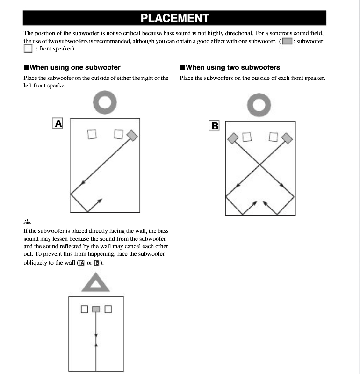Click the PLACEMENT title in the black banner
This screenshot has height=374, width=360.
tap(175, 18)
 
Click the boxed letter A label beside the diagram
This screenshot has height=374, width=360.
tap(58, 123)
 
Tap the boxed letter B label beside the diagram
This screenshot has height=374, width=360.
tap(215, 126)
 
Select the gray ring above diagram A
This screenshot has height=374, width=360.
tap(104, 103)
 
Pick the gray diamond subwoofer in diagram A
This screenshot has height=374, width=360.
tap(132, 135)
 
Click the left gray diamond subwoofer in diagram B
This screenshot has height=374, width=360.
tap(232, 138)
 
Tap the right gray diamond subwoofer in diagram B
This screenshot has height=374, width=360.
tap(287, 138)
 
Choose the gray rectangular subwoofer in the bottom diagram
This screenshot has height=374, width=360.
tap(96, 309)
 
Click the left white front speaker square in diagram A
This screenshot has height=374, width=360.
tap(92, 135)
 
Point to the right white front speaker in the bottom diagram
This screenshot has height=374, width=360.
tap(108, 309)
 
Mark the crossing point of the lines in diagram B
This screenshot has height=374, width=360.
tap(260, 164)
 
